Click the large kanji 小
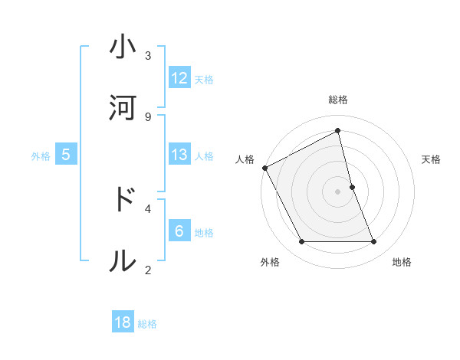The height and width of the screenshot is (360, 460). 123,47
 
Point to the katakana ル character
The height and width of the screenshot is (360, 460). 123,260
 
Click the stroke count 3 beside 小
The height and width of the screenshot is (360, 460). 148,55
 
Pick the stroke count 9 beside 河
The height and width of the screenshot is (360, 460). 148,116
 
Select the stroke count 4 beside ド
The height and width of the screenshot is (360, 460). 148,208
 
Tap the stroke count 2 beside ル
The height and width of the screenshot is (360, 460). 148,270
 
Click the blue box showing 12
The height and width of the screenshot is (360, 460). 179,78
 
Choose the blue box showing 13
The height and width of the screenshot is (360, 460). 179,155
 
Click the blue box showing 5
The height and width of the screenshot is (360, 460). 66,155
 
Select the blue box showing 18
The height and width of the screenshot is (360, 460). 123,322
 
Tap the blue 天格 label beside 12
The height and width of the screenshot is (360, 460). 204,79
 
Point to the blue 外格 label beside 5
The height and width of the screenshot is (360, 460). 41,156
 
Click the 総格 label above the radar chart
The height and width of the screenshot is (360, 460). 338,100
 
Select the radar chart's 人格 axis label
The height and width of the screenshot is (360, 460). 245,159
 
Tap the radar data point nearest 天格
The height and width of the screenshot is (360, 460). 352,186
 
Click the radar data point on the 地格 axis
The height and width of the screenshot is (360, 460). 374,242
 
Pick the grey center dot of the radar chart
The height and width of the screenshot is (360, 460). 338,191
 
